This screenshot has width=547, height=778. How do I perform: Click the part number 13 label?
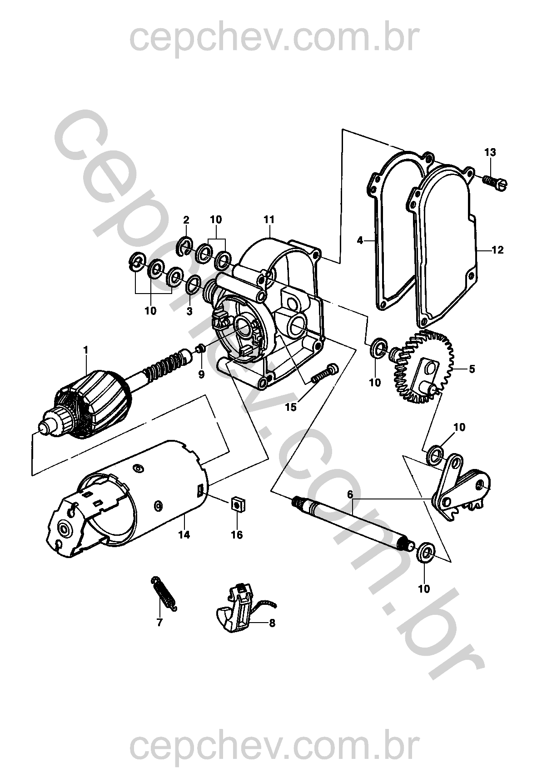[x=490, y=152]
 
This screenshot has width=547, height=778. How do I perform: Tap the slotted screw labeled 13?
[x=495, y=181]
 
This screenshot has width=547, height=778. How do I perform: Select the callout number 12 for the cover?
[x=497, y=250]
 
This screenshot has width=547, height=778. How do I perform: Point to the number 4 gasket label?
[x=360, y=240]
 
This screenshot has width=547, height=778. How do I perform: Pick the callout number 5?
[x=472, y=369]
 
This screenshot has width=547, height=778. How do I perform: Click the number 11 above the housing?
[x=269, y=219]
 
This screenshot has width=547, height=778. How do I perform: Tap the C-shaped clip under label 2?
[x=185, y=246]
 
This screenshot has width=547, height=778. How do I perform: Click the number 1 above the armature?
[x=86, y=350]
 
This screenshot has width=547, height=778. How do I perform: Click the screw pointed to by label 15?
[x=325, y=374]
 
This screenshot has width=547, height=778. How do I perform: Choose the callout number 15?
[x=291, y=407]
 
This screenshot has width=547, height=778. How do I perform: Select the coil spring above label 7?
[x=164, y=593]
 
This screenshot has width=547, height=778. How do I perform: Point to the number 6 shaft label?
[x=350, y=494]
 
